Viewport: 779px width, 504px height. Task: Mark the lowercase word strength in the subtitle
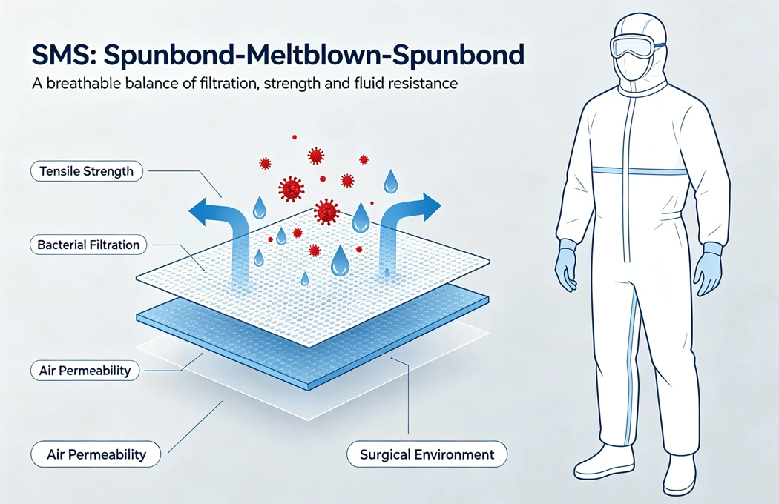point(292,84)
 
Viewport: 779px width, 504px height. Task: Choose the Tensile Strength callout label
point(87,171)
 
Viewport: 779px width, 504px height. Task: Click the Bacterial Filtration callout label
point(88,245)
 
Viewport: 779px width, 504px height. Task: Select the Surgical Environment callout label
point(427,454)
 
